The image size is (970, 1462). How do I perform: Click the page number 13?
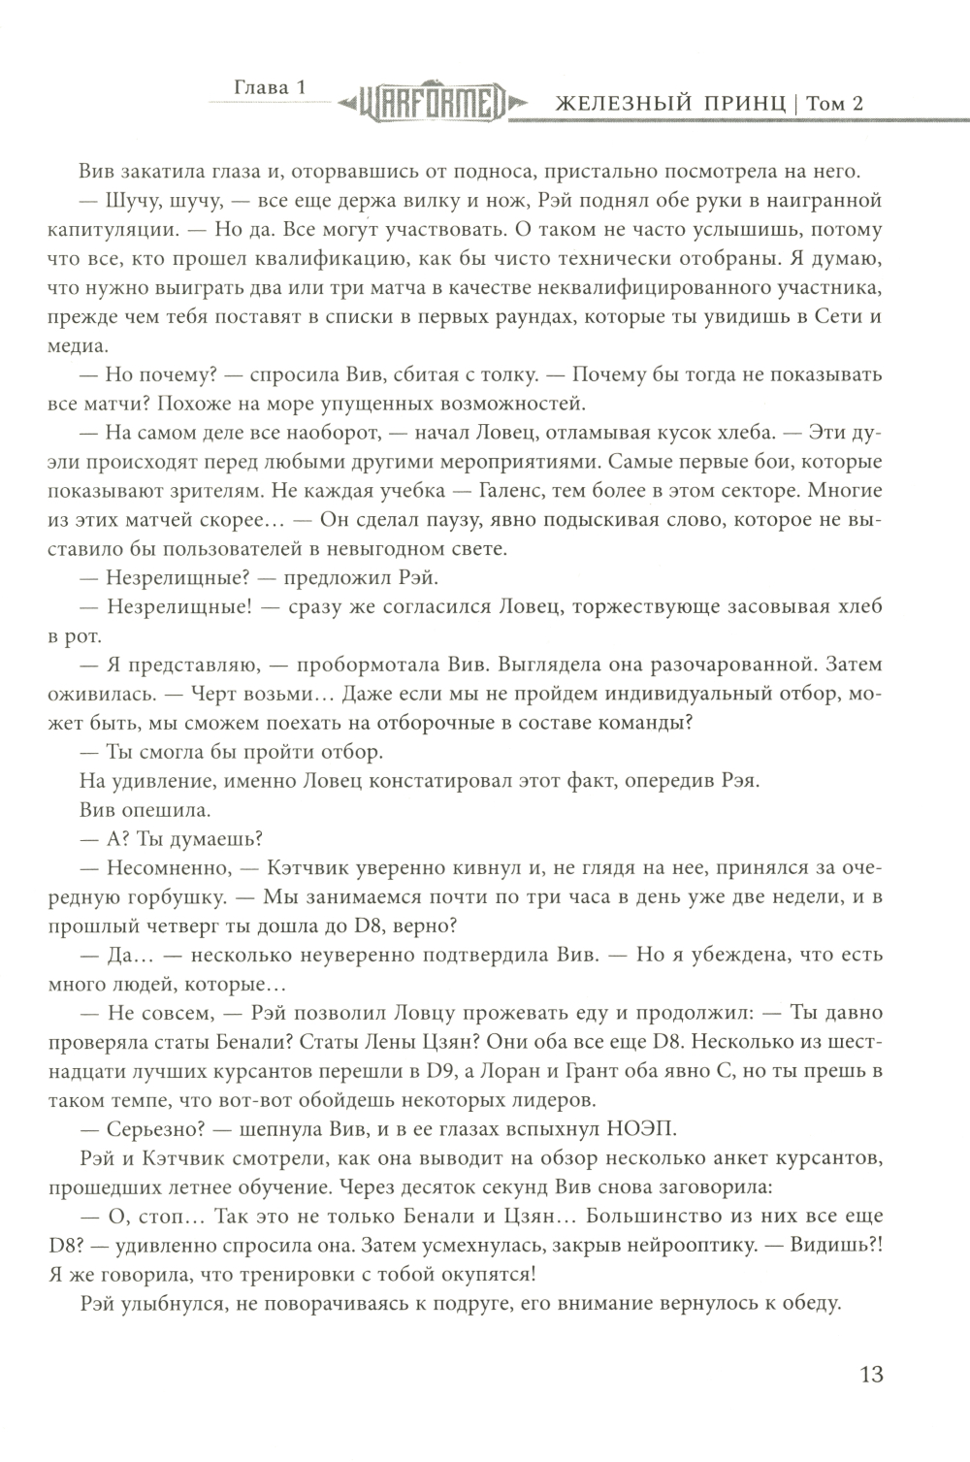coord(870,1375)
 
